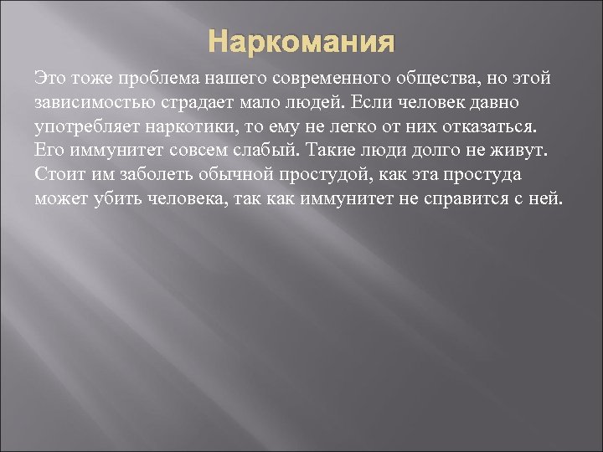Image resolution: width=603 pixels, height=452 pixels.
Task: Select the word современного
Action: pyautogui.click(x=322, y=78)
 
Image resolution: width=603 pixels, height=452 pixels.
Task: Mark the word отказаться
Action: pyautogui.click(x=492, y=127)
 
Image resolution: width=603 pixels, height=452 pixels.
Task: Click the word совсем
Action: pyautogui.click(x=184, y=152)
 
